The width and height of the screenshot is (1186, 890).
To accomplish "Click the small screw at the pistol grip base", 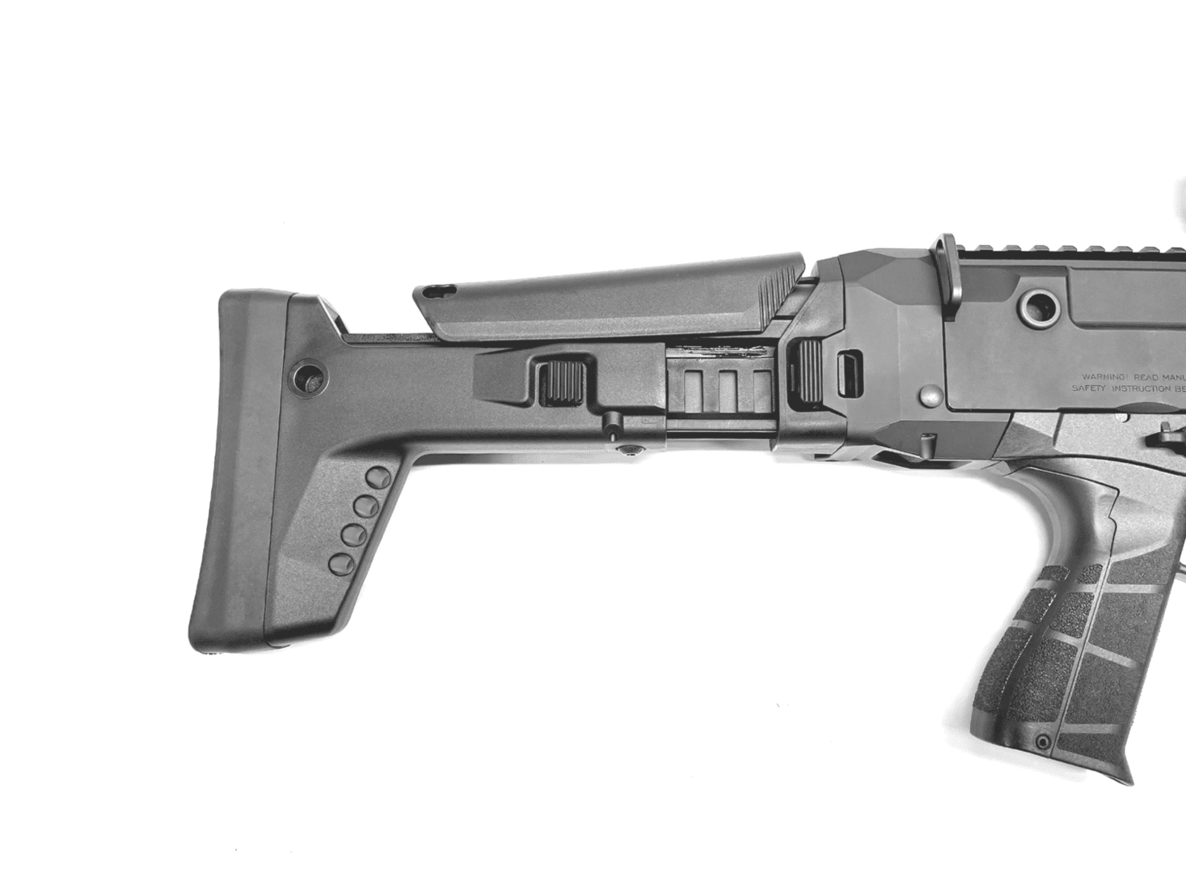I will [x=1045, y=740].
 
